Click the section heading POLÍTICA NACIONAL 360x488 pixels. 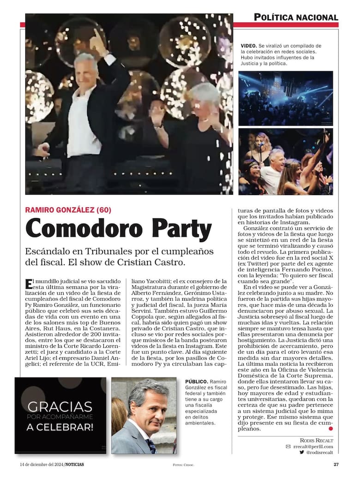point(296,18)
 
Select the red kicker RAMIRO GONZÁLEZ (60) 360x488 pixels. point(68,210)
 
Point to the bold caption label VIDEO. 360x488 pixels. point(249,46)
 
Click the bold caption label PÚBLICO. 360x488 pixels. point(196,382)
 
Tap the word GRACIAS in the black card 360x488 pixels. point(60,407)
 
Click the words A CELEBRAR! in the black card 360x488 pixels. point(60,427)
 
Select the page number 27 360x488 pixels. point(336,464)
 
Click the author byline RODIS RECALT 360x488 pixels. point(317,440)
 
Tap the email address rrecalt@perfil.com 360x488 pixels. point(312,446)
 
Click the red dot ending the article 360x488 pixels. point(330,428)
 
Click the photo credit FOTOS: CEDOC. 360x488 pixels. point(180,465)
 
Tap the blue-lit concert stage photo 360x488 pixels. point(285,98)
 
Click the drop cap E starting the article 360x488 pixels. point(29,282)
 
